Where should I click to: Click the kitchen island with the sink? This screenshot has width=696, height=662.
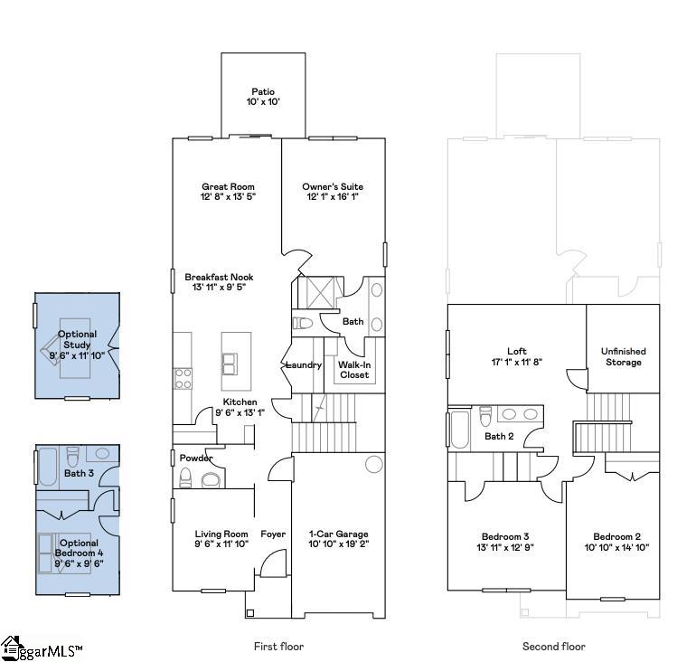[237, 353]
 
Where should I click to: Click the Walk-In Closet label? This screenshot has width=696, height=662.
[353, 370]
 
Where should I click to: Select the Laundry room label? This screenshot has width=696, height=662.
[304, 365]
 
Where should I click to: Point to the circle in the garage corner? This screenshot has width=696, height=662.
[372, 466]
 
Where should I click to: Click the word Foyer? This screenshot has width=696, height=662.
[273, 534]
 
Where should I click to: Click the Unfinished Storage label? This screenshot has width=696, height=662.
[624, 357]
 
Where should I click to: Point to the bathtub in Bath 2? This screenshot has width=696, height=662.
[458, 430]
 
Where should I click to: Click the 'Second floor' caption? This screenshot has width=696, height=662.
[553, 647]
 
